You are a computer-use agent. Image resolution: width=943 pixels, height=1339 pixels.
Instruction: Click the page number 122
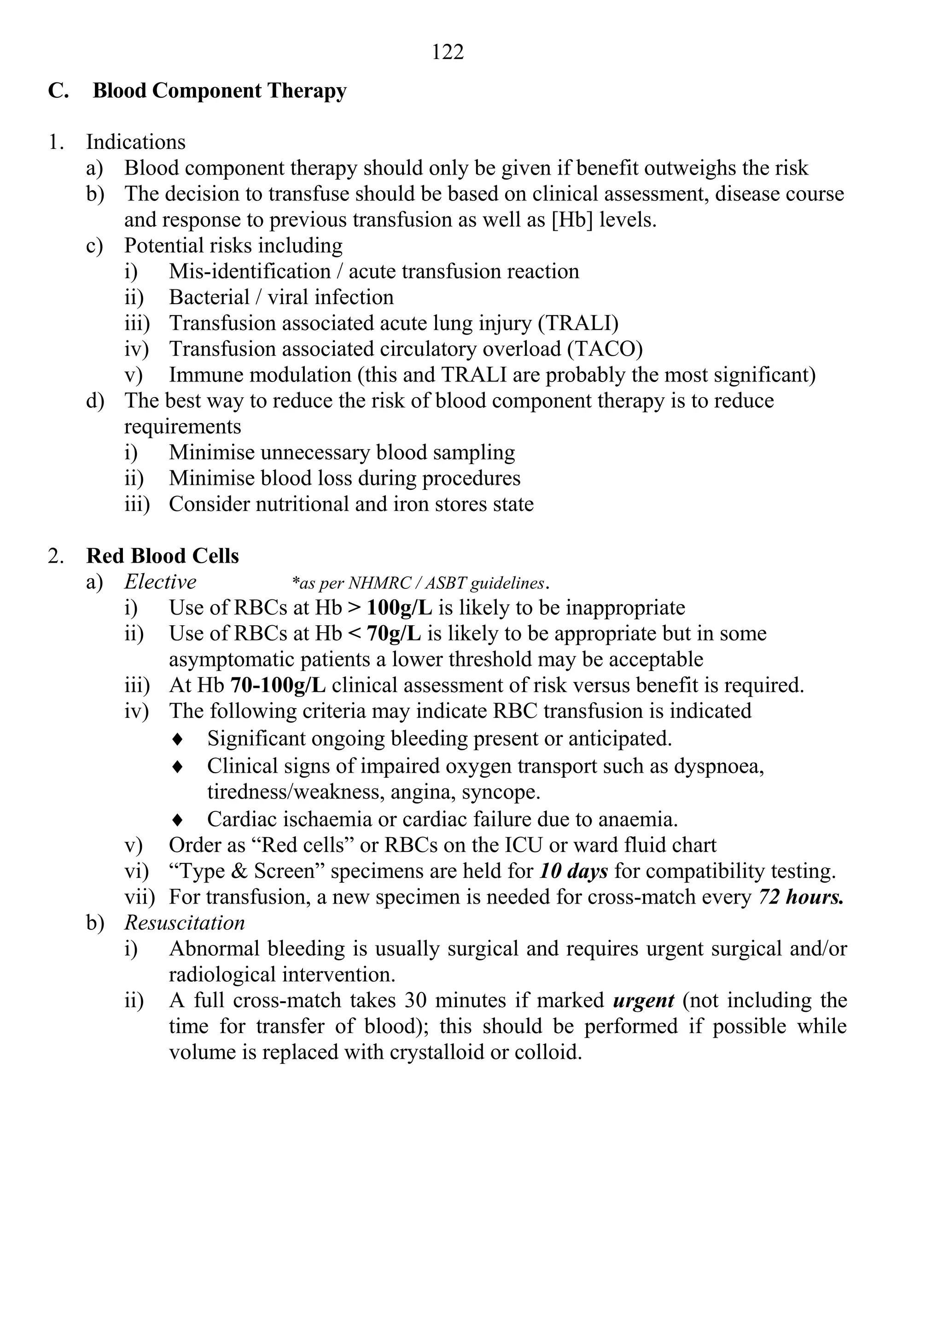(x=448, y=53)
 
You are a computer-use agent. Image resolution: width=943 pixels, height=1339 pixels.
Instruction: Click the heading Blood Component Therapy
(x=219, y=91)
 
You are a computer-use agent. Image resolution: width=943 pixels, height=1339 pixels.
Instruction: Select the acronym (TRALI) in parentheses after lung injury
(x=578, y=323)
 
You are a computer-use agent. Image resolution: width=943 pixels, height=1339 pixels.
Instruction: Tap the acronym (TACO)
(x=605, y=349)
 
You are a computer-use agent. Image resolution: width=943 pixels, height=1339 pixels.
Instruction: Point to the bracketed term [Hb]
(x=571, y=220)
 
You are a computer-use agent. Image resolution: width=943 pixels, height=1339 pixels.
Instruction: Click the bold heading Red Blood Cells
(x=162, y=556)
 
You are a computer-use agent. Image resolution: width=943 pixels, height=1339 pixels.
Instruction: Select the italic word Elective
(x=160, y=581)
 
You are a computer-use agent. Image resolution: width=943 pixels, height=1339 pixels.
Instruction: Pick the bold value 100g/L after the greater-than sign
(x=399, y=608)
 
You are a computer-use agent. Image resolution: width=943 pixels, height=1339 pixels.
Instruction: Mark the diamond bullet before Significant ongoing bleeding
(x=178, y=740)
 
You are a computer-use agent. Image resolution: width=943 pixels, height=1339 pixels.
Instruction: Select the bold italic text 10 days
(x=574, y=871)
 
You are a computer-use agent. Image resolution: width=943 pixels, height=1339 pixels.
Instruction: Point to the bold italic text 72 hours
(x=801, y=897)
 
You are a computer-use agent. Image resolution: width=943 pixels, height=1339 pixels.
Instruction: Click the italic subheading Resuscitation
(x=184, y=922)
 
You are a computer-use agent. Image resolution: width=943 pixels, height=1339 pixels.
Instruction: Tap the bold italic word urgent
(x=643, y=1001)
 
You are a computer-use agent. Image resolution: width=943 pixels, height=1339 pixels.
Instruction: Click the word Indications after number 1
(x=136, y=142)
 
